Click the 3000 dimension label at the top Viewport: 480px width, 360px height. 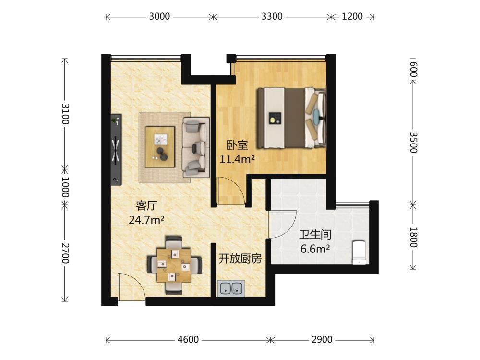click(x=159, y=16)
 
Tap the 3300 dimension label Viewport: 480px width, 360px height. click(x=272, y=16)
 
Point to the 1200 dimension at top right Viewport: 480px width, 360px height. click(x=352, y=16)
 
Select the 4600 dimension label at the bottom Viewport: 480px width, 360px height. click(x=188, y=339)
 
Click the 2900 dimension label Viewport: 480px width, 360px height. click(x=322, y=339)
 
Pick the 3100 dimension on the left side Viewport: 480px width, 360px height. click(x=65, y=114)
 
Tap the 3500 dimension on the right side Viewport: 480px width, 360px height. click(x=413, y=143)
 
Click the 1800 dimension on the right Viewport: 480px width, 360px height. click(x=413, y=237)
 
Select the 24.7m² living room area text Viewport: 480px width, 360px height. click(x=146, y=220)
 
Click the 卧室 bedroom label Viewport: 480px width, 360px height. click(x=237, y=145)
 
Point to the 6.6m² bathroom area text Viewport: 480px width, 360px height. click(x=315, y=249)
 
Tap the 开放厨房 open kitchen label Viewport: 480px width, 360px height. click(x=240, y=259)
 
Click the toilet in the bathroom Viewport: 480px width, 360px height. click(x=359, y=252)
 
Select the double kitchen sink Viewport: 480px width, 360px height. click(x=231, y=288)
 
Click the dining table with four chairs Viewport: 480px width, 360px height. click(x=174, y=265)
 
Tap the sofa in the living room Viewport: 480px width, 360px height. click(x=196, y=147)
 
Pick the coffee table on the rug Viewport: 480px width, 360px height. click(x=160, y=147)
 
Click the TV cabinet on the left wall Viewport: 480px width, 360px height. click(x=116, y=150)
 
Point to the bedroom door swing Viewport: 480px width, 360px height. click(x=230, y=191)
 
